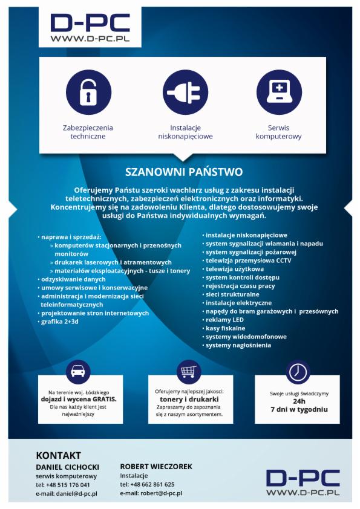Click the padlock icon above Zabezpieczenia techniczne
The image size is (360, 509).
point(88,92)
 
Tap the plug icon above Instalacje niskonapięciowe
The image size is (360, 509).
point(185,92)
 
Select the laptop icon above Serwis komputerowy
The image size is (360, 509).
point(279,92)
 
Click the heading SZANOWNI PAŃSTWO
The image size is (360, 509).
point(184,172)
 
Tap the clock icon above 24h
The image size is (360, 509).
point(296,371)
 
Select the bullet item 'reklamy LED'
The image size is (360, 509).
point(224,320)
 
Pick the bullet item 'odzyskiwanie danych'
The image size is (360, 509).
point(73,280)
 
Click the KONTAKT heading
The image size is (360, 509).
point(58,456)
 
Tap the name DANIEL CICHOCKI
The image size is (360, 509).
point(67,467)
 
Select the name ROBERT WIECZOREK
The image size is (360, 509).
point(156,467)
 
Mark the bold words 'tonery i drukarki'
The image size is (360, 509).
point(189,400)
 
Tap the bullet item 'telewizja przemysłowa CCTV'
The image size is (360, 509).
point(247,261)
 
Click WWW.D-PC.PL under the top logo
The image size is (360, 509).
point(90,39)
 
